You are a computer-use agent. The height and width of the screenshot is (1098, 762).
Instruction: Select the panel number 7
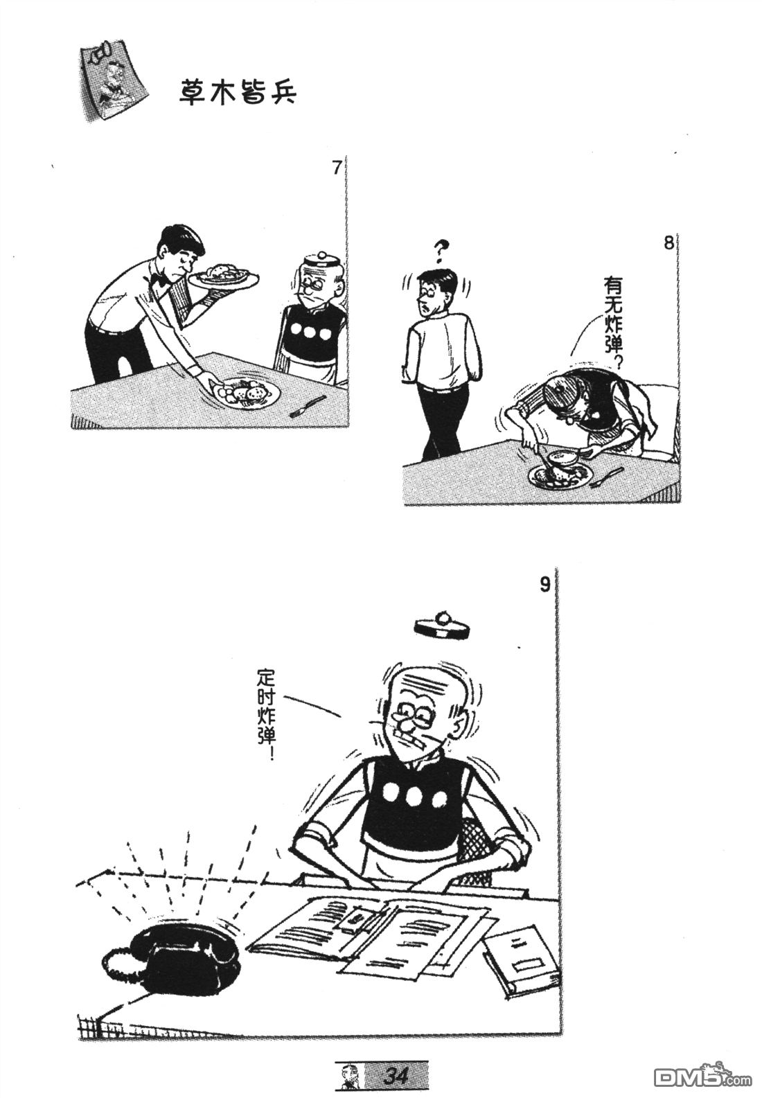pyautogui.click(x=336, y=168)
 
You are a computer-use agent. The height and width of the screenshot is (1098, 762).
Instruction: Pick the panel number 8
pyautogui.click(x=669, y=243)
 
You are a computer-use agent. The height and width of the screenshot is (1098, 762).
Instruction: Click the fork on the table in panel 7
pyautogui.click(x=308, y=407)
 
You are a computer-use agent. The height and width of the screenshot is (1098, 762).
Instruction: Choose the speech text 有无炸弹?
pyautogui.click(x=614, y=324)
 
